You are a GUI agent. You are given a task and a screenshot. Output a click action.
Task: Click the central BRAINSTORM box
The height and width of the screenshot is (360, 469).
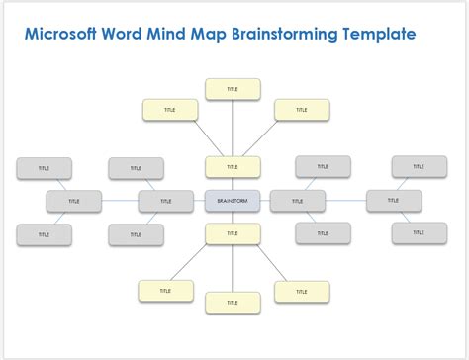pos(233,201)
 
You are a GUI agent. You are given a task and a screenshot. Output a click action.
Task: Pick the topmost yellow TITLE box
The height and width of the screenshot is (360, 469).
pos(233,89)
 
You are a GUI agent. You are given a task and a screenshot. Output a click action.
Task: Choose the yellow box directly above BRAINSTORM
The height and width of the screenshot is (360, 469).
pos(233,167)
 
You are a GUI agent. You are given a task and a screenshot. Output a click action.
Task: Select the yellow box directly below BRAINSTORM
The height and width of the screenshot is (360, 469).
pos(233,233)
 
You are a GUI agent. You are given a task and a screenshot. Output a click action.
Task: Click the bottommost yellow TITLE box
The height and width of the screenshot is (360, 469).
pos(233,302)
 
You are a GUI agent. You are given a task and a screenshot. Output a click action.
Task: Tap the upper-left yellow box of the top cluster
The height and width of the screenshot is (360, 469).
pos(169,110)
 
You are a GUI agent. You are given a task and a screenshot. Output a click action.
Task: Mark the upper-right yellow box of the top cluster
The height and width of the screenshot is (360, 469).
pos(301,110)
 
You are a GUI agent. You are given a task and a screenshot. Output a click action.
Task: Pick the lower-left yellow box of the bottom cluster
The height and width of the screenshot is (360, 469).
pos(165,291)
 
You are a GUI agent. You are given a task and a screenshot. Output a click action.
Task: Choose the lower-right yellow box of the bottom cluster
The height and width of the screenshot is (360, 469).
pos(301,291)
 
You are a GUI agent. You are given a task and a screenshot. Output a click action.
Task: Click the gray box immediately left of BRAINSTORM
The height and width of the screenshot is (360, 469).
pos(165,201)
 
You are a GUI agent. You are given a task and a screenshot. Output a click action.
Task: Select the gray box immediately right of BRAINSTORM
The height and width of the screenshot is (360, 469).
pos(297,201)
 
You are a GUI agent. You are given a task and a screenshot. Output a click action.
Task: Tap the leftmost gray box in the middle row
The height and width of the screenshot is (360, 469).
pos(73,201)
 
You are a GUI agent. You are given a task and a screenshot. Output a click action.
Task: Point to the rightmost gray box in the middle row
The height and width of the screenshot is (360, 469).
pos(393,200)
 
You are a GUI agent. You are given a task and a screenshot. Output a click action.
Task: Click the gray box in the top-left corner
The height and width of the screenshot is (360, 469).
pos(44,168)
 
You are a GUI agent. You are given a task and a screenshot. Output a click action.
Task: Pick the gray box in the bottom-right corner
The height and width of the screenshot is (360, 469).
pos(418,232)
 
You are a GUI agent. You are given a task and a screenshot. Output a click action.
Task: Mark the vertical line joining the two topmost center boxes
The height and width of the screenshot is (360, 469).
pos(233,128)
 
